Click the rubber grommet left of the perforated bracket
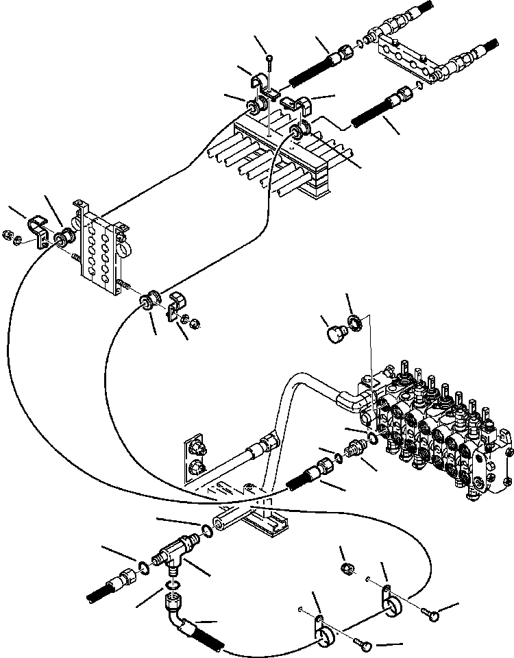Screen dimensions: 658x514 (x=63, y=239)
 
